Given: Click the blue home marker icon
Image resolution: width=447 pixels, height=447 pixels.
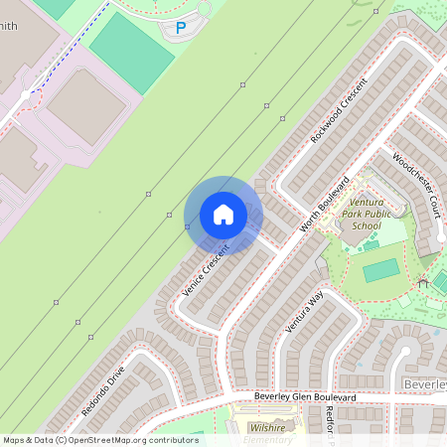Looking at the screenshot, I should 223,215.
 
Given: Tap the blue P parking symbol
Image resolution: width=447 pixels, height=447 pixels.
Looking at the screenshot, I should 180,29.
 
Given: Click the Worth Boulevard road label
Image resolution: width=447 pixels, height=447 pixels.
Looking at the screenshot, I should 326,207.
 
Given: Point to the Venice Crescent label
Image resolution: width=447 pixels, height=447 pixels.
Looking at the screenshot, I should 206,271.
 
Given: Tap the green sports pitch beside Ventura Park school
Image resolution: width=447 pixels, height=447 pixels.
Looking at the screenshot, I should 380,270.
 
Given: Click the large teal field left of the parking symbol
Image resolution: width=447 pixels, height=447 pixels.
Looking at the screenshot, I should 131,51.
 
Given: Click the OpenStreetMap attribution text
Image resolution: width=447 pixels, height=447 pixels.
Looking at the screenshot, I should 100,439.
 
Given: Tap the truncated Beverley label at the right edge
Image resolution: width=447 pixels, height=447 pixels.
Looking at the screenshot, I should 425,383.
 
